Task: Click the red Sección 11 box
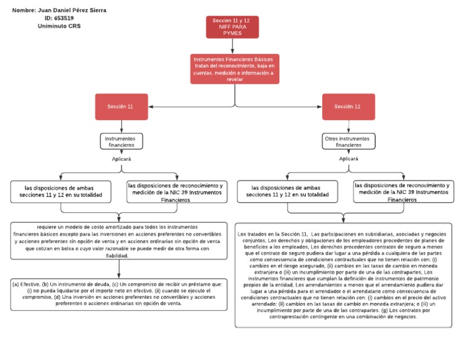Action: click(122, 107)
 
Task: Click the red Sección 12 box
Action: click(348, 107)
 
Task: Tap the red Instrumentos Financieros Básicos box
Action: click(234, 68)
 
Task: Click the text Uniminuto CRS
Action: click(59, 27)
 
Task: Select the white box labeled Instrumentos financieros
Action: click(121, 141)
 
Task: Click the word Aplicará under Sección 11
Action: click(121, 159)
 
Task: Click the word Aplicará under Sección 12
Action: click(348, 159)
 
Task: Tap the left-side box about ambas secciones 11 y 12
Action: click(61, 192)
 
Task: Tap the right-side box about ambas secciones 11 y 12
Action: click(288, 192)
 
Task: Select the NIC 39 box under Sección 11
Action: click(175, 192)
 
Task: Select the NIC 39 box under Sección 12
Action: click(402, 192)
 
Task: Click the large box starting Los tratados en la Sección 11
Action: click(343, 275)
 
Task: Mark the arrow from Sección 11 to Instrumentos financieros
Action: click(122, 127)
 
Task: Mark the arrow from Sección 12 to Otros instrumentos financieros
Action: click(348, 127)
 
